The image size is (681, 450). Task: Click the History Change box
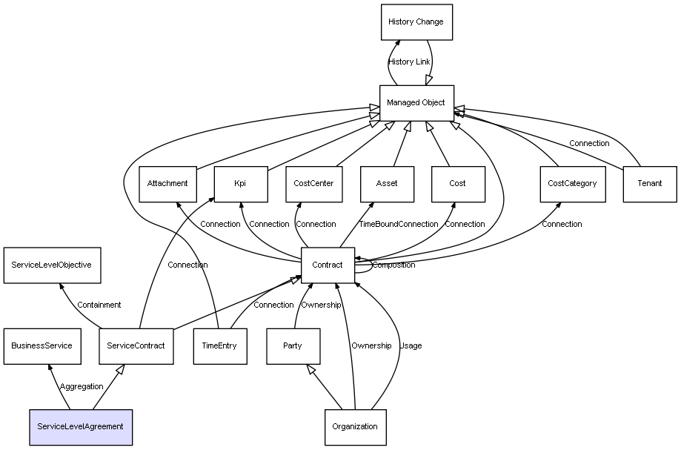[416, 22]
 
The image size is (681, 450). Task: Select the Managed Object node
[416, 103]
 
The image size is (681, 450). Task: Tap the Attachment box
[167, 184]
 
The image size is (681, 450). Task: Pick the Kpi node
[240, 184]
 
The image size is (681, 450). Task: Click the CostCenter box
[313, 184]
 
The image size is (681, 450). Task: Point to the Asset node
[386, 184]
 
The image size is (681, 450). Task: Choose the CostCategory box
[571, 184]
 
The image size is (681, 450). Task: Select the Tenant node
[650, 184]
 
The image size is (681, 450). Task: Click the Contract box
[327, 265]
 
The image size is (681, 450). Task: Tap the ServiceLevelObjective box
[52, 265]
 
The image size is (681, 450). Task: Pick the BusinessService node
[41, 345]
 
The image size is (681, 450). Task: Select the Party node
[293, 345]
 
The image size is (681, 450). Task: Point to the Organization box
[355, 426]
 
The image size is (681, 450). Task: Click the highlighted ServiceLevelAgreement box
[80, 426]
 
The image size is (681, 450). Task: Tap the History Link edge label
[409, 62]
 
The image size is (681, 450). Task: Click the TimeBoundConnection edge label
[399, 224]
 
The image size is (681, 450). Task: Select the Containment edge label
[99, 305]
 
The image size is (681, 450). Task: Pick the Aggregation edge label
[82, 386]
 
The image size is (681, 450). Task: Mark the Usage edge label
[411, 345]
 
